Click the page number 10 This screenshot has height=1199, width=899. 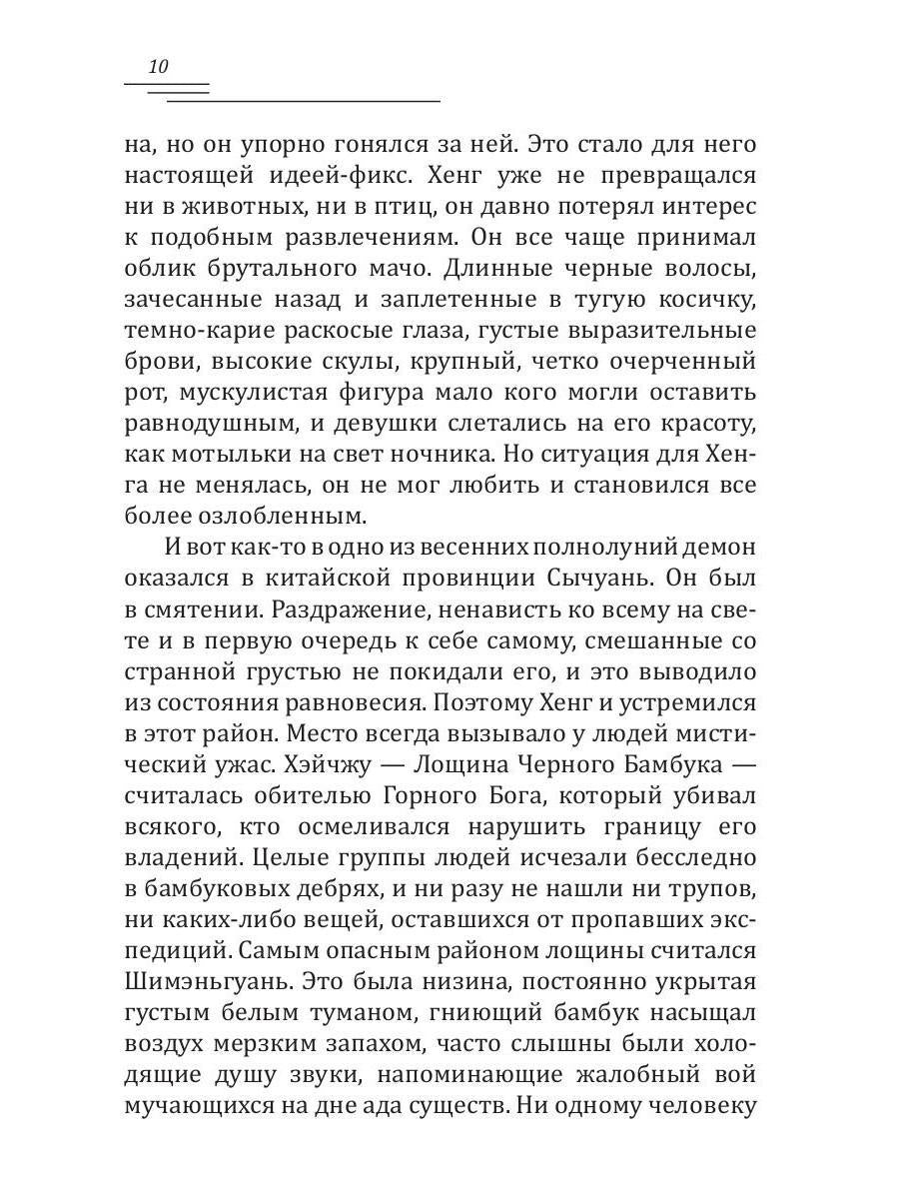158,68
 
